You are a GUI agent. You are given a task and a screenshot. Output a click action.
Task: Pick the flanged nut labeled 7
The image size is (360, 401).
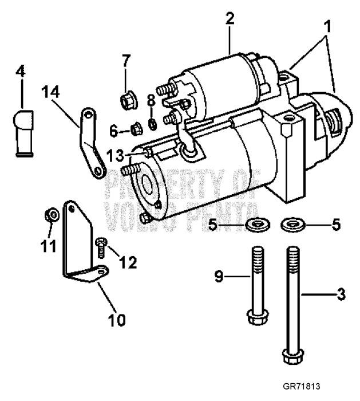[126, 101]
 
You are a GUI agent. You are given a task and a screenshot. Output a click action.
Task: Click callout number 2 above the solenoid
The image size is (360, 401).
[230, 18]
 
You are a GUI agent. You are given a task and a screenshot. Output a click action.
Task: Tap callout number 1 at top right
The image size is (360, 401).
[328, 27]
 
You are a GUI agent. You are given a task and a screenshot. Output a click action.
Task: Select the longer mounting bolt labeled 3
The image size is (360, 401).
[292, 304]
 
